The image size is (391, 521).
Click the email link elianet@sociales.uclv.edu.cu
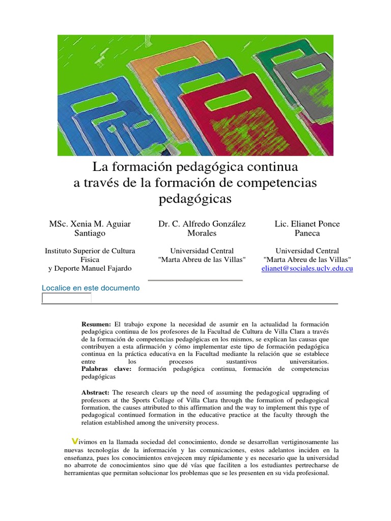point(307,268)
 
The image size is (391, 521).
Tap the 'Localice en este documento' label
point(91,288)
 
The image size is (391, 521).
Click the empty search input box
point(67,298)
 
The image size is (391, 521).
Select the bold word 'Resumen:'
point(96,324)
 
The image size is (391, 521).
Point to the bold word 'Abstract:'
point(96,392)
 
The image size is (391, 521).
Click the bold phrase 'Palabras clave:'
point(106,369)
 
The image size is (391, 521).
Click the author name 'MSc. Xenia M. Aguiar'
point(90,224)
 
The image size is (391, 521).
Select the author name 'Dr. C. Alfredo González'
point(194,224)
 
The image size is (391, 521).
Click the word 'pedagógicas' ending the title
point(195,198)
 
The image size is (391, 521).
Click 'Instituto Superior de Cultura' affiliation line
point(90,251)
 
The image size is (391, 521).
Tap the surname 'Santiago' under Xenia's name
point(90,233)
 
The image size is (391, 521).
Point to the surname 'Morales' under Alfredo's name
point(195,233)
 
